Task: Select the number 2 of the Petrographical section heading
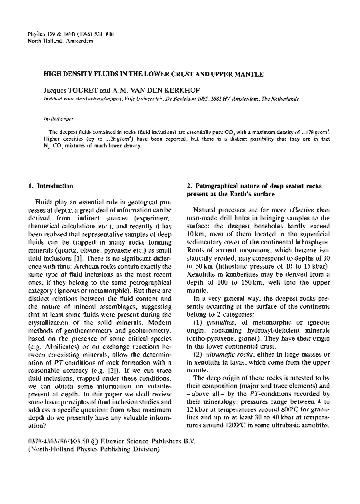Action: click(x=189, y=183)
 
